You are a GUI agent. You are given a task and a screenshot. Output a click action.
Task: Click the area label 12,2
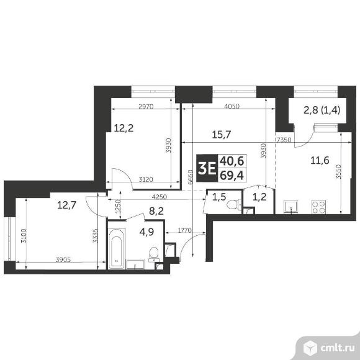[123, 129]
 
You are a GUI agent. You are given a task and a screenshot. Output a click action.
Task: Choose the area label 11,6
[320, 161]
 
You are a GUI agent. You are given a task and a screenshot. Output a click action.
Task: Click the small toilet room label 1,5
[219, 197]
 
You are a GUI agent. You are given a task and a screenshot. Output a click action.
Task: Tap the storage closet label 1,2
[259, 197]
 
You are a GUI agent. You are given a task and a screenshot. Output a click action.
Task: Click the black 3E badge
[207, 166]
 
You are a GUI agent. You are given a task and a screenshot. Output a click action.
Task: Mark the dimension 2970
[146, 107]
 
